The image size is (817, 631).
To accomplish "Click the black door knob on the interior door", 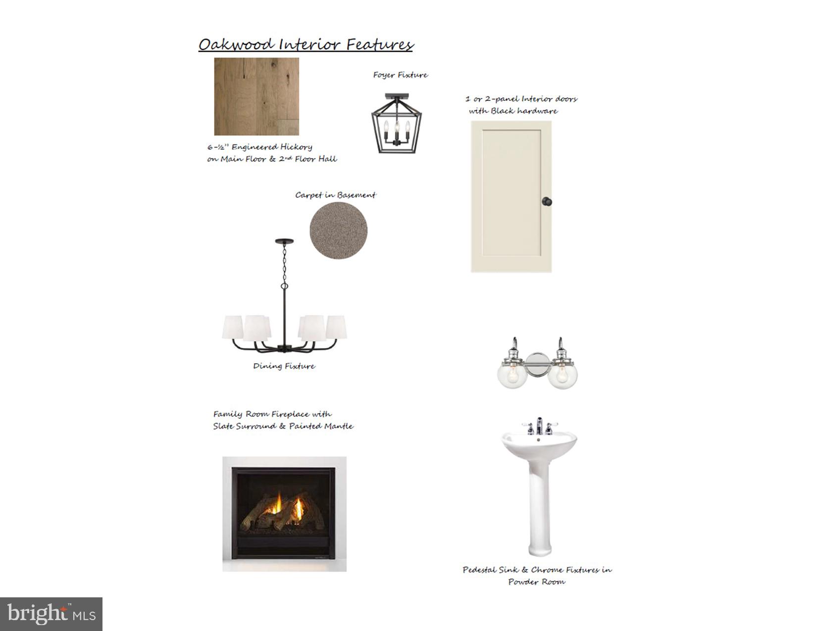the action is (x=547, y=201).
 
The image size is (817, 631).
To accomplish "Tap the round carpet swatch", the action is (x=338, y=231).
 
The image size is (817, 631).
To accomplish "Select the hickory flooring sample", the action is (x=256, y=96).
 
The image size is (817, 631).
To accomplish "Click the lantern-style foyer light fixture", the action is (x=396, y=123).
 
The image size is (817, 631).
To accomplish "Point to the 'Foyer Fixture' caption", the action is (x=401, y=75).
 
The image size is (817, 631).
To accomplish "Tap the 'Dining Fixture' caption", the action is (x=284, y=366).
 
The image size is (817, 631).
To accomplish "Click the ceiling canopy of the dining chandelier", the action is (x=284, y=241).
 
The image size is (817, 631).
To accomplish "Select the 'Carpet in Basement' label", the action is (x=335, y=195).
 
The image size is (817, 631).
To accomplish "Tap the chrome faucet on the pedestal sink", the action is (x=539, y=426).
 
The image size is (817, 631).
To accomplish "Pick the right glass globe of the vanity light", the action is (x=562, y=374).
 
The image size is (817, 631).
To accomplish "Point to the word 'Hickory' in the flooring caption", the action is (x=296, y=147).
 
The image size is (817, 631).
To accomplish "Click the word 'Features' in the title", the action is (x=380, y=45).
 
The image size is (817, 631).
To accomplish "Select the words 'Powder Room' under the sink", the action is (x=537, y=582).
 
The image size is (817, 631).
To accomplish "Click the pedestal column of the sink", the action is (x=540, y=507).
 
